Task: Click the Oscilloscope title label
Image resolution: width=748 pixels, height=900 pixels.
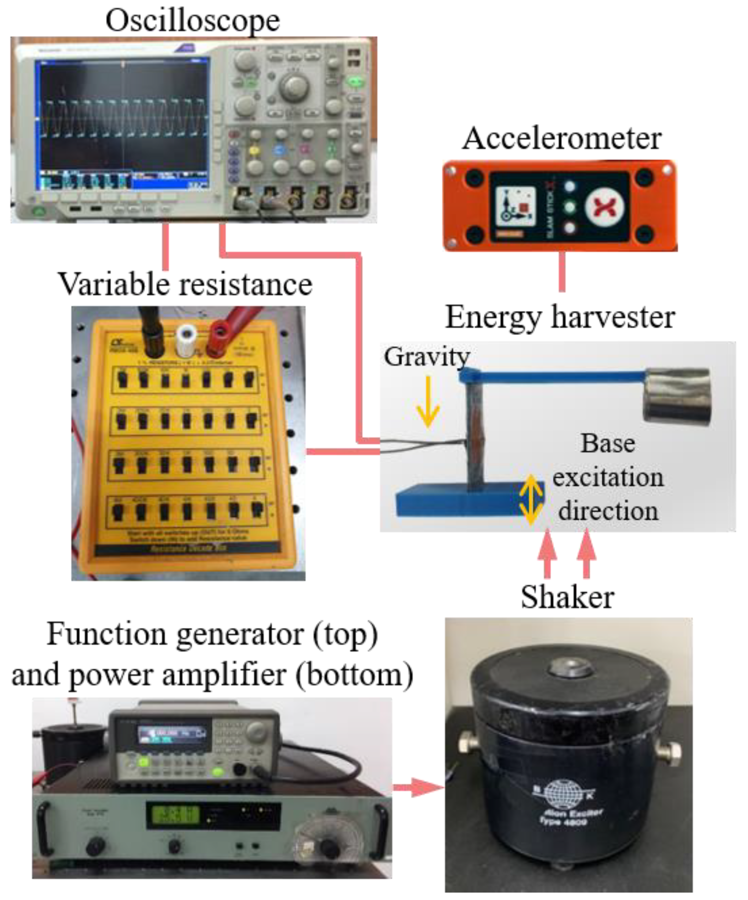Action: [x=193, y=20]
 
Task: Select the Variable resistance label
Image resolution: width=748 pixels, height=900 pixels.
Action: [x=185, y=284]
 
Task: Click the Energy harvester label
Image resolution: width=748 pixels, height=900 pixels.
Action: [x=560, y=317]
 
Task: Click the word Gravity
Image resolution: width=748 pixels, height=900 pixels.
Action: [x=427, y=356]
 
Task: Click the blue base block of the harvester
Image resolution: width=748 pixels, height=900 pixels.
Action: [x=467, y=500]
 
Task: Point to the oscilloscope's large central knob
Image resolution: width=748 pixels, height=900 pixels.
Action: [x=294, y=86]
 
